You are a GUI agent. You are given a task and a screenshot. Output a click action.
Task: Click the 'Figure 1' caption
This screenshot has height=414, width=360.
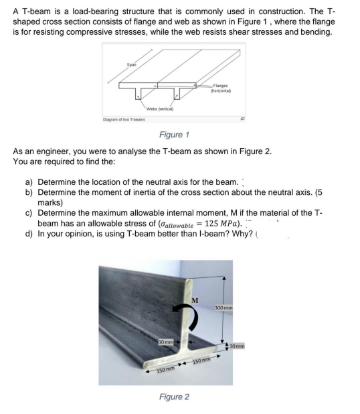coord(174,135)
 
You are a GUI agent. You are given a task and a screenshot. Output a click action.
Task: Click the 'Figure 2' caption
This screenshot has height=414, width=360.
coord(174,397)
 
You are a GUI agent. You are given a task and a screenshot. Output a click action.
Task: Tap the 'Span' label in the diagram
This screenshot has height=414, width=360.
coord(132,64)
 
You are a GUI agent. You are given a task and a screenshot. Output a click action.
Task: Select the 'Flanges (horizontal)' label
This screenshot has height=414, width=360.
coord(221,88)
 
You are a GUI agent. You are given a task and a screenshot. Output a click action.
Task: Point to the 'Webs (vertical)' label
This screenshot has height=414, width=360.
coord(160,109)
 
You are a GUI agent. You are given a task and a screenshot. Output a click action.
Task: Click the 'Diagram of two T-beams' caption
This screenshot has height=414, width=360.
coord(124,120)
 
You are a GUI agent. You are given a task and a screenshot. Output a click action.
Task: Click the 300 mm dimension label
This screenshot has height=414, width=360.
coord(223,308)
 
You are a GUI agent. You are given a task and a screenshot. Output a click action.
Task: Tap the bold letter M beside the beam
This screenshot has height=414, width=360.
coord(195,300)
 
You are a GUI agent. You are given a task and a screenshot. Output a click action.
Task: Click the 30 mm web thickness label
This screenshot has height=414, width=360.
coord(166,342)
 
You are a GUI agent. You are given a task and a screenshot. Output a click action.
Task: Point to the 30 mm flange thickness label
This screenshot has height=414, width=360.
coord(237,346)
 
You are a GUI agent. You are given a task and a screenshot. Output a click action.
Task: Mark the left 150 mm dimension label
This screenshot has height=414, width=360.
coord(166,369)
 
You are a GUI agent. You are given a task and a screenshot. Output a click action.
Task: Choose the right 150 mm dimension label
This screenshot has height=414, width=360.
coord(202,360)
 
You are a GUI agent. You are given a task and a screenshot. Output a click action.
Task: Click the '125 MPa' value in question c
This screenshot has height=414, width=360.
coord(223,224)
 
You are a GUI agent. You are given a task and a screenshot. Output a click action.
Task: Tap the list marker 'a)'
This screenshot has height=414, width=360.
coord(29,182)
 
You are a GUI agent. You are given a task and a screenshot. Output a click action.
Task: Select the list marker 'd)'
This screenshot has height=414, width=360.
coord(29,234)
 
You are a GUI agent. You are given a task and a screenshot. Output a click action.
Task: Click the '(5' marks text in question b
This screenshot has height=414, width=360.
coord(319,192)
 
